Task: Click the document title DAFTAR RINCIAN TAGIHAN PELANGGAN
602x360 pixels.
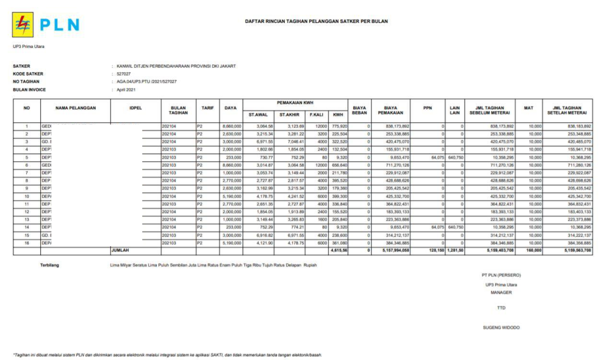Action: pos(316,21)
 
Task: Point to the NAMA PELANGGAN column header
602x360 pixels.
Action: pos(75,108)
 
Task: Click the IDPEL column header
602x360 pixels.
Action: pos(135,108)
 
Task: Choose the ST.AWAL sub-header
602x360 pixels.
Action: pos(257,114)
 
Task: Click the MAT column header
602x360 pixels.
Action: pos(528,108)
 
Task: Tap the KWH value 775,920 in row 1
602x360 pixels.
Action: pos(338,127)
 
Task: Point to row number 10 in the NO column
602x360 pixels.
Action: pos(27,196)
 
